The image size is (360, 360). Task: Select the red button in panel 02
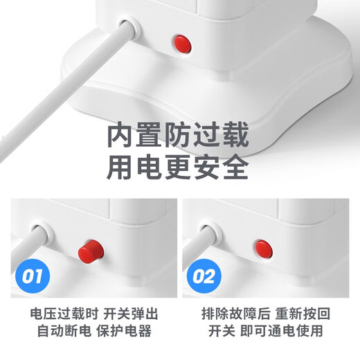click(262, 247)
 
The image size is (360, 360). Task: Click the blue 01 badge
click(31, 277)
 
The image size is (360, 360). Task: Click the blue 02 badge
click(204, 277)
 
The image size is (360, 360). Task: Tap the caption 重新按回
click(298, 314)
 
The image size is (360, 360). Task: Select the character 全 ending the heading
click(233, 168)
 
